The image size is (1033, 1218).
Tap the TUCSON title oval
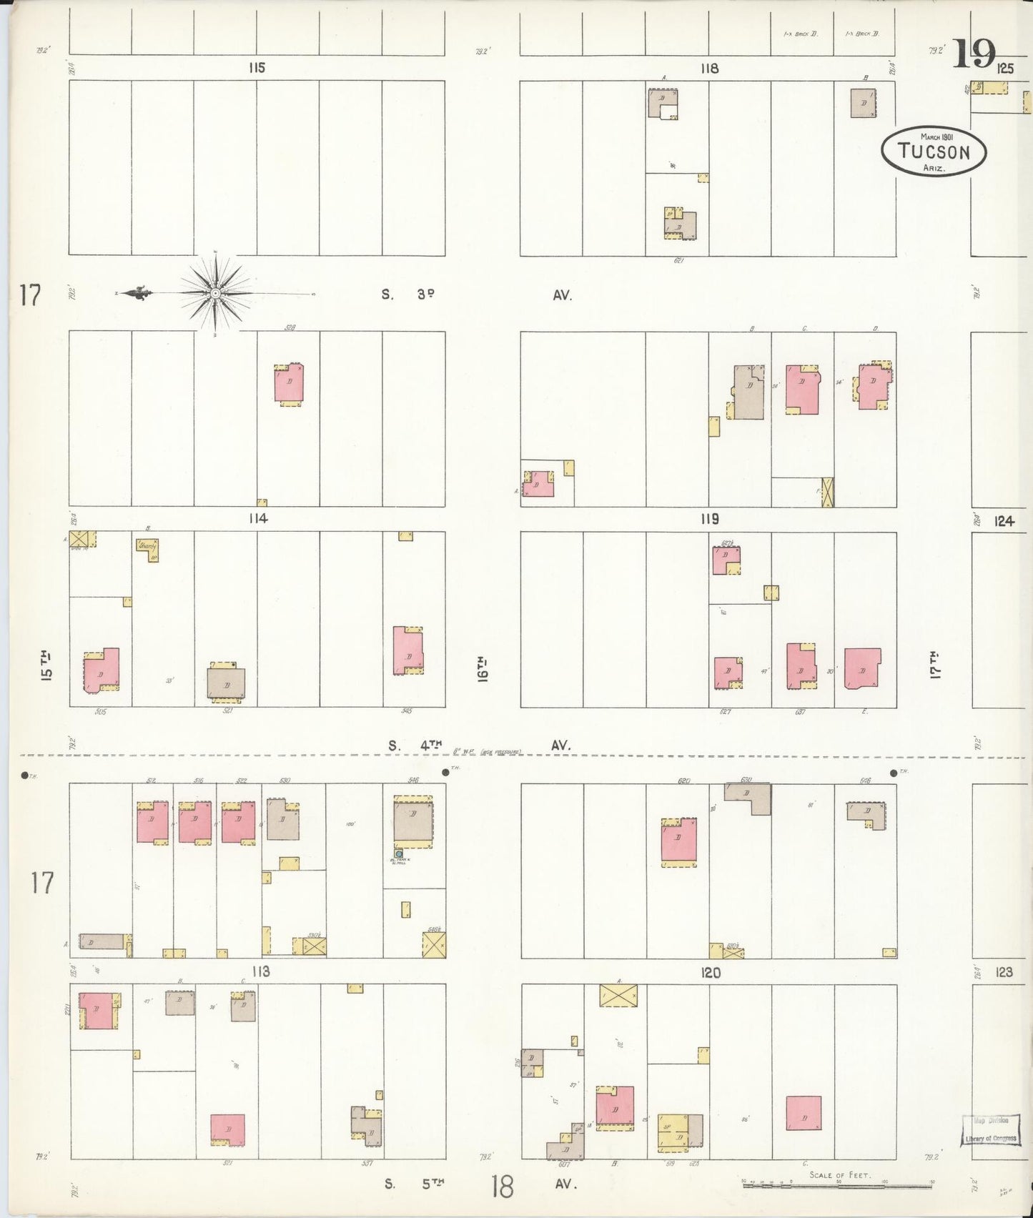[934, 151]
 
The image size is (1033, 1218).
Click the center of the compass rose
[214, 293]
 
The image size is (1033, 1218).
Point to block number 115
[257, 68]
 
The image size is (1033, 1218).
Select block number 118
[709, 69]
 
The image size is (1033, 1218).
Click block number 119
[709, 519]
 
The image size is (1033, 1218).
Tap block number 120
[711, 972]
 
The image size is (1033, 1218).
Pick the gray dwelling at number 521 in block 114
[226, 684]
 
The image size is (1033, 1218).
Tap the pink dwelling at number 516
[195, 822]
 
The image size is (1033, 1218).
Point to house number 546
[413, 781]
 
